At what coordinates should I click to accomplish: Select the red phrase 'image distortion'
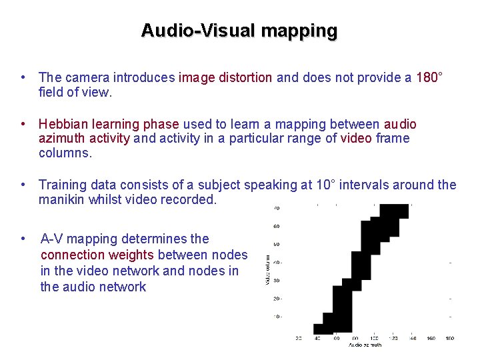click(x=225, y=77)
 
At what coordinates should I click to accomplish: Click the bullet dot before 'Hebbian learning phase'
click(x=23, y=125)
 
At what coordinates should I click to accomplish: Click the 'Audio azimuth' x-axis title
click(x=364, y=345)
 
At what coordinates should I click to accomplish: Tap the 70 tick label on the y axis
click(x=276, y=208)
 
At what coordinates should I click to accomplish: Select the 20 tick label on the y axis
click(x=276, y=298)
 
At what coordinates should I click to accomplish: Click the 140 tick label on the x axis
click(x=413, y=338)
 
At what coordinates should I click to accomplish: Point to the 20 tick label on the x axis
click(x=299, y=338)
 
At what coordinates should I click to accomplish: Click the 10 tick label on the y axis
click(x=276, y=316)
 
